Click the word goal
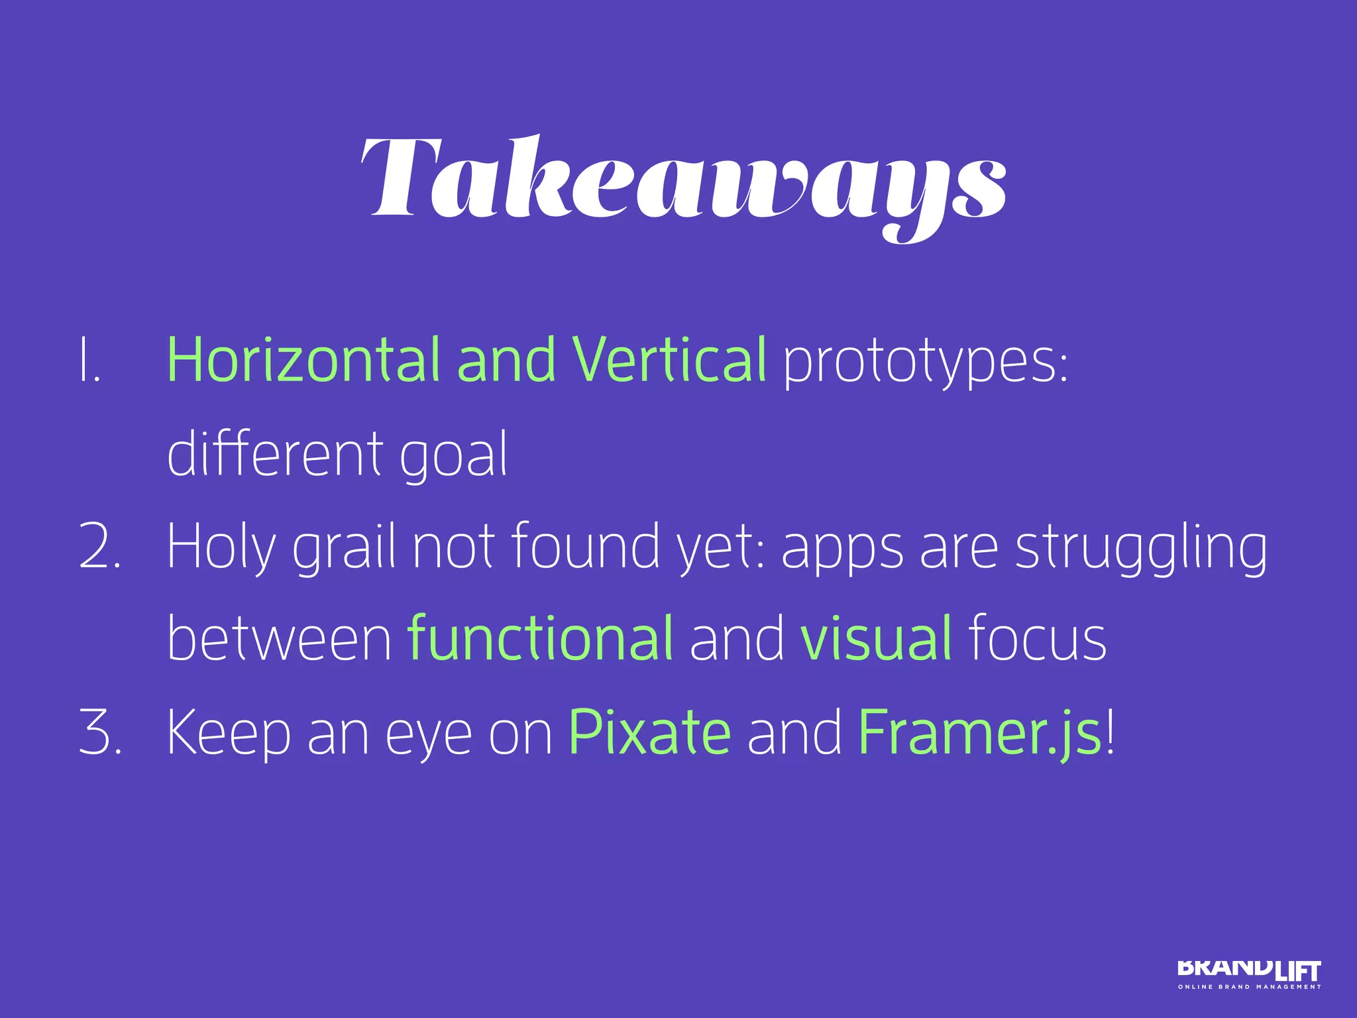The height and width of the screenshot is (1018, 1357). [x=453, y=457]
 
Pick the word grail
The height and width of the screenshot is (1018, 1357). [x=345, y=549]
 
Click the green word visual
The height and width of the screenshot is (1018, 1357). [x=876, y=639]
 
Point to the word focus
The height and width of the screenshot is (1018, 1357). [x=1037, y=640]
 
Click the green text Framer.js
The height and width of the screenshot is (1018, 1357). [x=979, y=733]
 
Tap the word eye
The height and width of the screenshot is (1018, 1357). [x=428, y=736]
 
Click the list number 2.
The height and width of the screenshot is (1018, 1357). [x=99, y=547]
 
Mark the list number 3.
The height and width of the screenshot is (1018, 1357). [x=99, y=733]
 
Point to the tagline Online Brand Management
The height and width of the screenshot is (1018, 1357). [x=1248, y=987]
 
